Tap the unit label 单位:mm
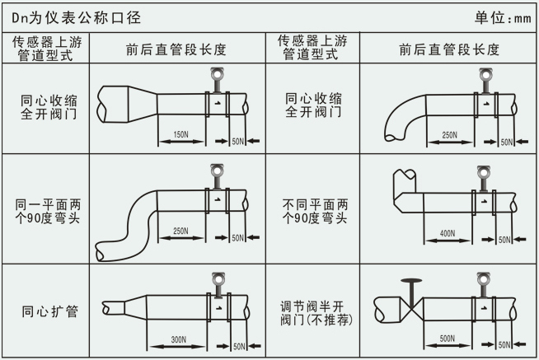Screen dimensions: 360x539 tap(504, 16)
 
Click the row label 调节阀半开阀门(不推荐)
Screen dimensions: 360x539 tap(313, 311)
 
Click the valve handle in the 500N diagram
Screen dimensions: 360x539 tap(410, 284)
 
